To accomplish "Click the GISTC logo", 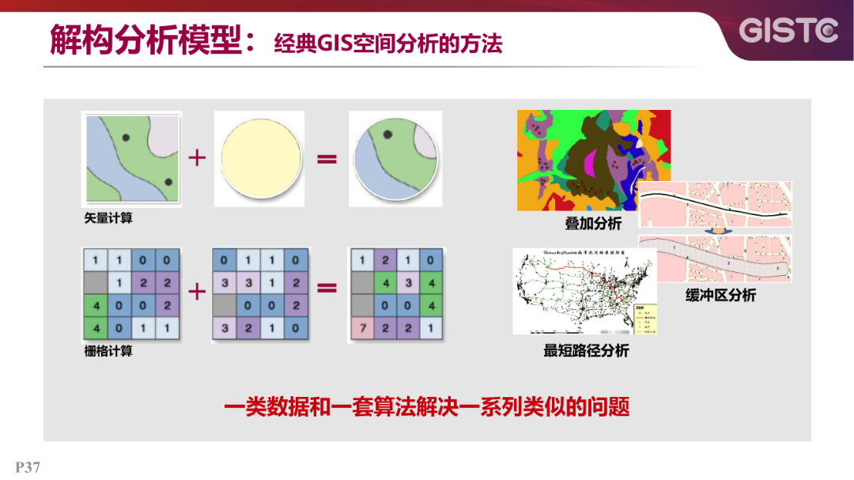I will click(x=788, y=31).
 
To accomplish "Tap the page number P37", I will click(x=28, y=467).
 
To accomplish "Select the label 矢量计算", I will click(x=108, y=218).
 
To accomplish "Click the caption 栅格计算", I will click(x=108, y=351).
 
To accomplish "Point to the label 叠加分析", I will click(x=593, y=224).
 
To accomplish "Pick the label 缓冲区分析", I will click(x=720, y=295).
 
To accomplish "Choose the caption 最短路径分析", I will click(x=586, y=350).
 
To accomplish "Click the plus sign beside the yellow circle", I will click(x=196, y=158).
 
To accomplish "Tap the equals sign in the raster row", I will click(x=327, y=289).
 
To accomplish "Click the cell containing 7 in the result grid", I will click(x=362, y=327).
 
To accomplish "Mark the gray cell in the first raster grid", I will click(x=95, y=282).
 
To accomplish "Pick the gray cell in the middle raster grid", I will click(x=225, y=304).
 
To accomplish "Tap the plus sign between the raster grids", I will click(x=196, y=290).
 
